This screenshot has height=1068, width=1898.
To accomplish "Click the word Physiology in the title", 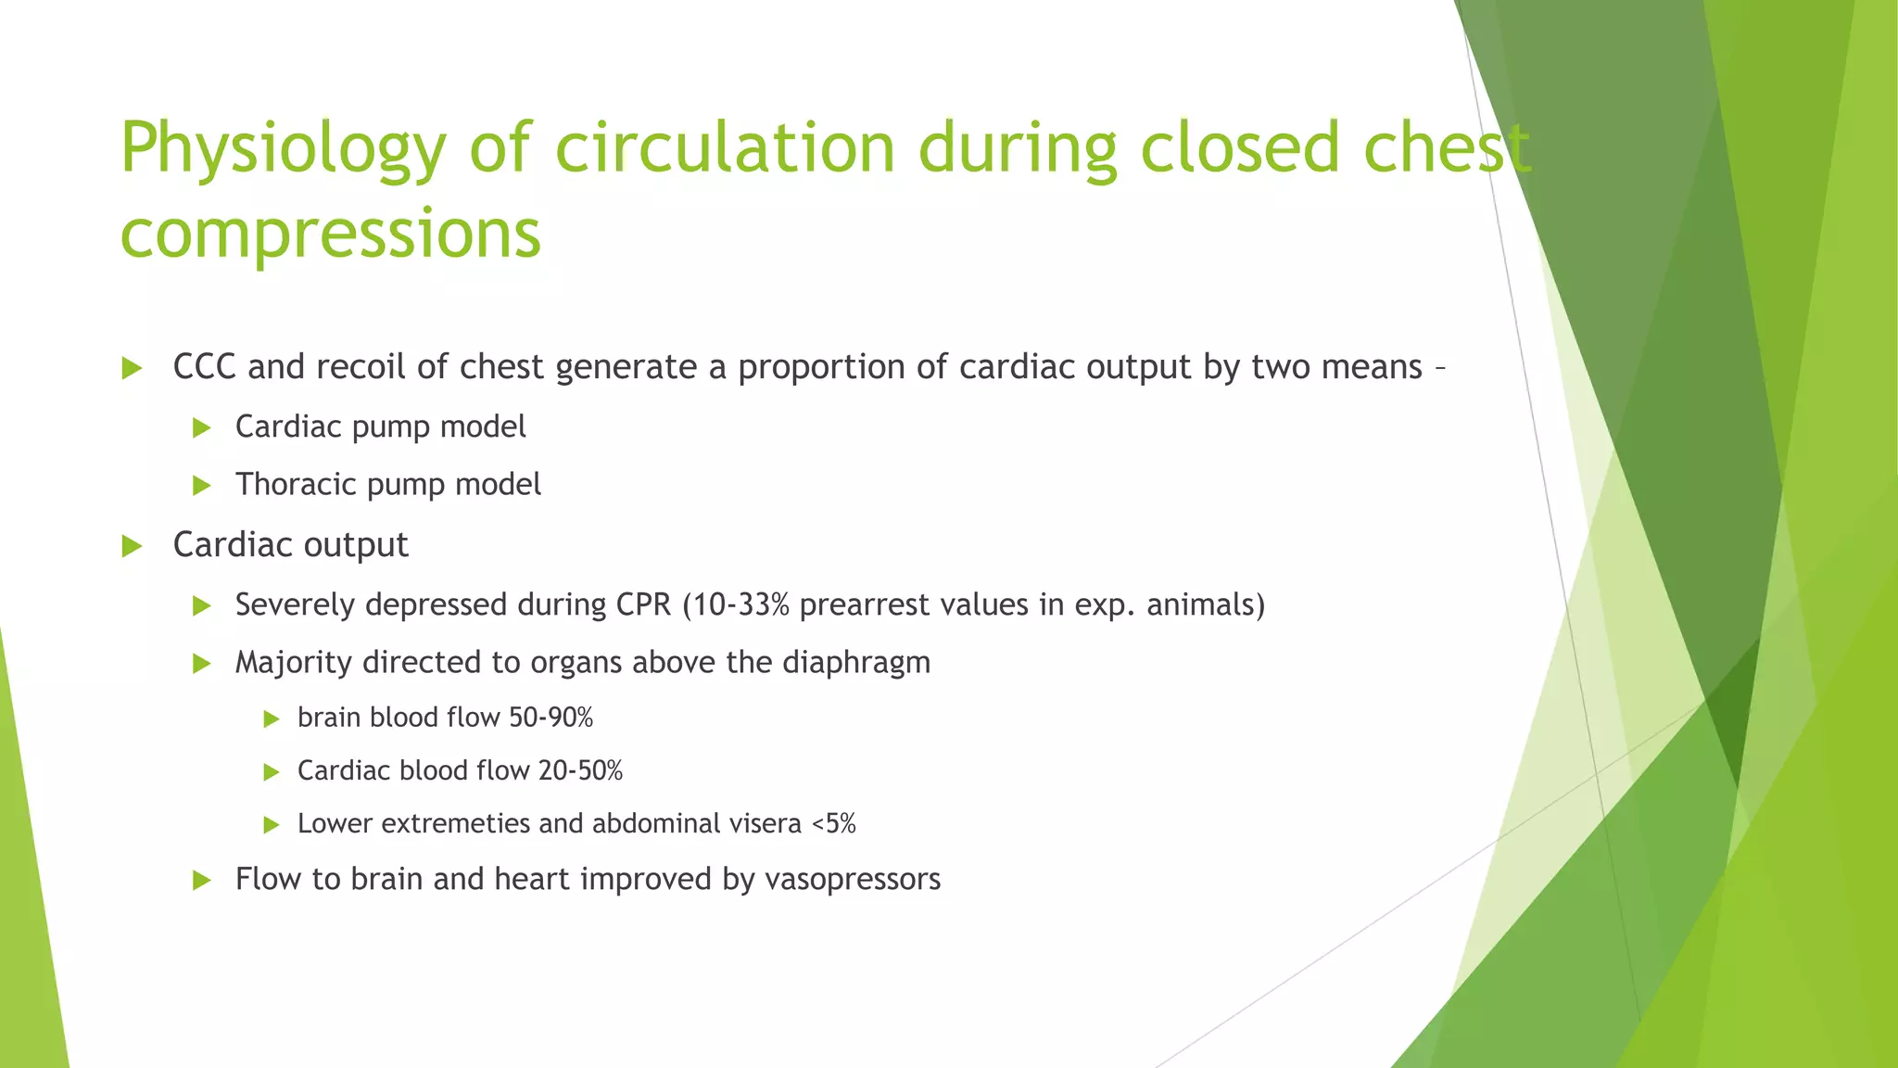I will pyautogui.click(x=283, y=148).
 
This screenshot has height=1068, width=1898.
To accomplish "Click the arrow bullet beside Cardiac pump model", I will pyautogui.click(x=202, y=427).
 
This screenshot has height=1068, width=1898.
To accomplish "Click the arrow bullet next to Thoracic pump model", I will pyautogui.click(x=202, y=485).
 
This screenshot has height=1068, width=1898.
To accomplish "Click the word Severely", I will pyautogui.click(x=296, y=604).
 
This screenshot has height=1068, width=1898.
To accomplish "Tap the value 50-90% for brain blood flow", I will pyautogui.click(x=550, y=718).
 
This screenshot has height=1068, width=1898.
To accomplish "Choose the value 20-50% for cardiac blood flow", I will pyautogui.click(x=580, y=770).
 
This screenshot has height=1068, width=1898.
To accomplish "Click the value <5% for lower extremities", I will pyautogui.click(x=833, y=823).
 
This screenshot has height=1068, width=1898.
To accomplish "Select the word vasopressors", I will pyautogui.click(x=853, y=879).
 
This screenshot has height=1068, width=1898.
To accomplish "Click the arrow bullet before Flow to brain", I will pyautogui.click(x=202, y=880).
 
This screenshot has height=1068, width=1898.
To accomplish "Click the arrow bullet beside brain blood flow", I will pyautogui.click(x=271, y=718).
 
